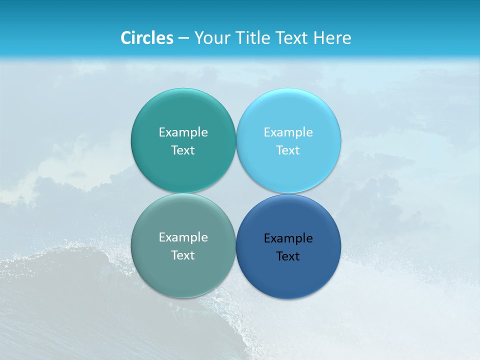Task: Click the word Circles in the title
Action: coord(147,38)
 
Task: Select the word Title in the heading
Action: coord(253,38)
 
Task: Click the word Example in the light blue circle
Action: coord(288,132)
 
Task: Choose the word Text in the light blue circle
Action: coord(288,150)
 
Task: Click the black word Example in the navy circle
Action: coord(288,238)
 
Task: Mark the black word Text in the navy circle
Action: coord(288,256)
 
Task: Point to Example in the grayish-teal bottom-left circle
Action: coord(183,237)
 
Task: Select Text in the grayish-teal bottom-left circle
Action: coord(183,255)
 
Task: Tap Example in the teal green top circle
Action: coord(183,132)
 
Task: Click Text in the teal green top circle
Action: coord(183,150)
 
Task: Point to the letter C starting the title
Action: coord(126,38)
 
